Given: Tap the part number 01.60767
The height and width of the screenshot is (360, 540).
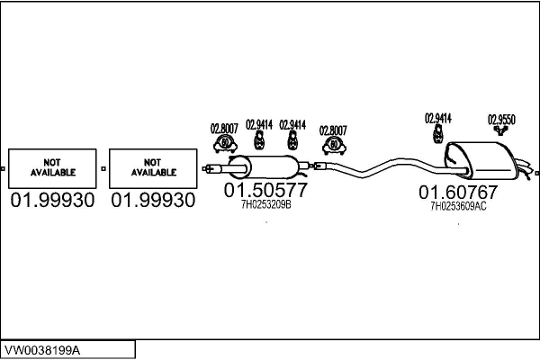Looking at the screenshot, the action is (x=457, y=193).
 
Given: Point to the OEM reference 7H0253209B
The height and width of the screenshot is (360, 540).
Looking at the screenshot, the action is (x=266, y=205).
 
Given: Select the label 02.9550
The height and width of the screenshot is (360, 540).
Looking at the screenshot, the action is (x=501, y=119).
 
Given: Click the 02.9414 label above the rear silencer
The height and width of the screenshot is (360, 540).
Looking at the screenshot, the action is (x=437, y=118).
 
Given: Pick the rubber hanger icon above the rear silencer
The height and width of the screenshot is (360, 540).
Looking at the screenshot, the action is (x=437, y=133).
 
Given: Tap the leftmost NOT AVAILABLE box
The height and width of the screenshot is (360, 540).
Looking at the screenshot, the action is (x=53, y=167).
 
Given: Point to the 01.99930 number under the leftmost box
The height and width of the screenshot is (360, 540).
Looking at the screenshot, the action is (x=52, y=200).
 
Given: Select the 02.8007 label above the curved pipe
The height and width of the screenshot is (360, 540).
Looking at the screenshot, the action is (x=334, y=130).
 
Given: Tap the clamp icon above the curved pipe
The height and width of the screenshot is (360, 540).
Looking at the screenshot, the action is (x=335, y=145).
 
